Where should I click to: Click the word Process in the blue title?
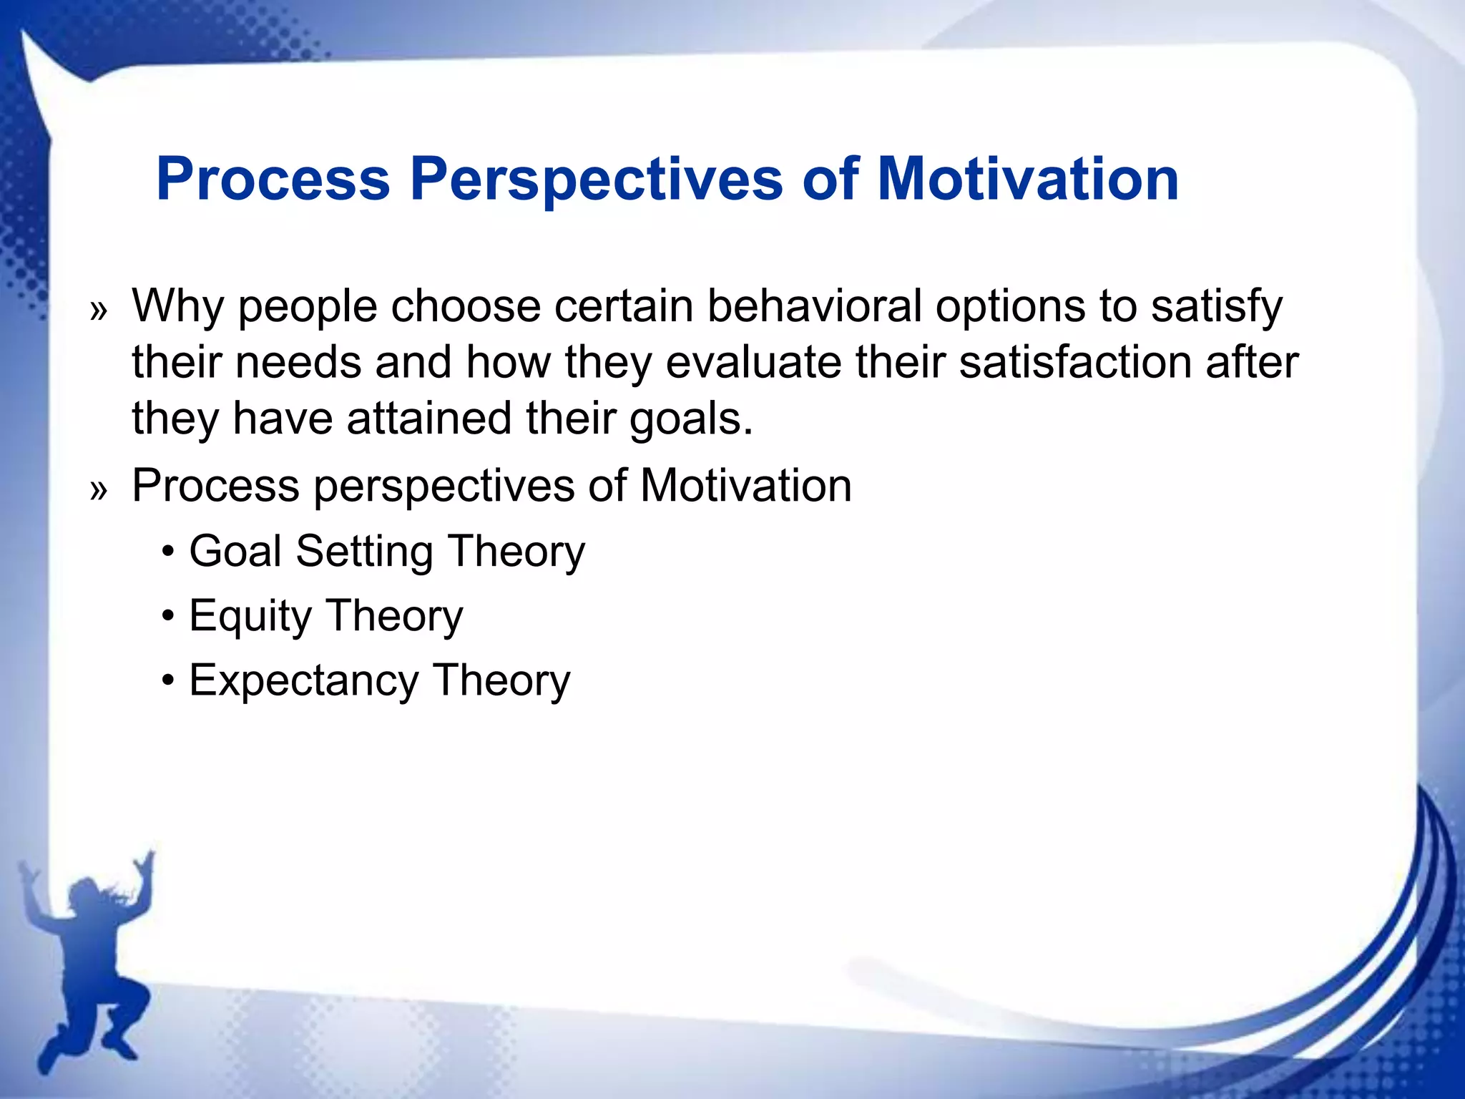click(x=273, y=179)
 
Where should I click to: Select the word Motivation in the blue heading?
click(x=1027, y=179)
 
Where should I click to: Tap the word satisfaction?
click(x=1074, y=362)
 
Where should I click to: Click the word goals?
click(x=691, y=420)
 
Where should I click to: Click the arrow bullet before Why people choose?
click(x=99, y=311)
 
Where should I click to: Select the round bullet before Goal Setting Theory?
click(x=168, y=553)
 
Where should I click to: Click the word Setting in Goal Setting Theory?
click(x=364, y=553)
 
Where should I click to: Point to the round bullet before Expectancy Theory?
click(x=168, y=681)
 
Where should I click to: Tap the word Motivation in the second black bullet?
click(x=745, y=487)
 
